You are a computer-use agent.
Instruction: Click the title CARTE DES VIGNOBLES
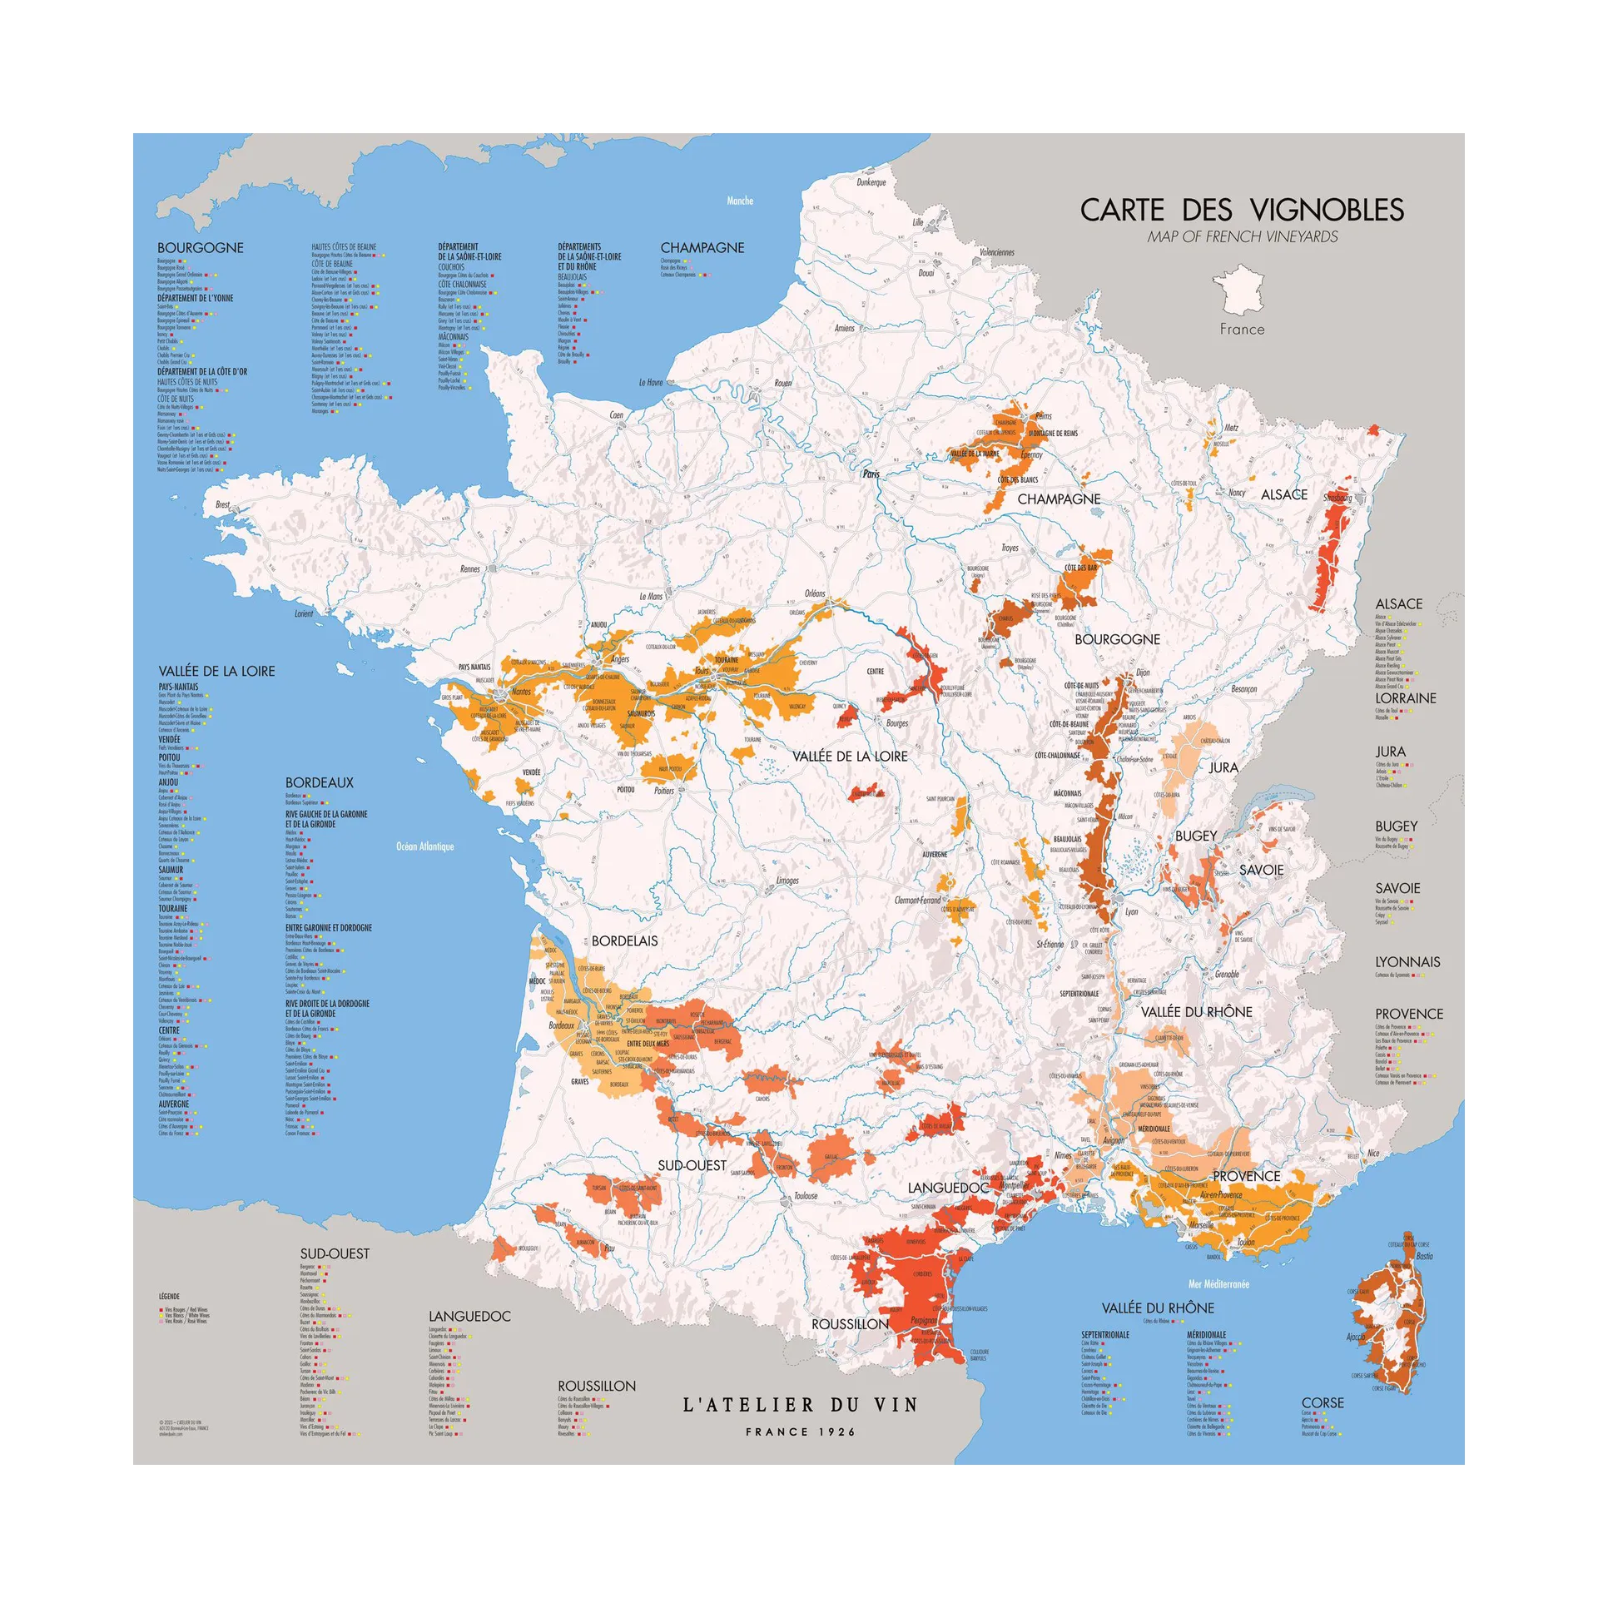point(1242,210)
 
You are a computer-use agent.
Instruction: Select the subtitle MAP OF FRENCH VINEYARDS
point(1242,237)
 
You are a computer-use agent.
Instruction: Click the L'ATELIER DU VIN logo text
point(800,1406)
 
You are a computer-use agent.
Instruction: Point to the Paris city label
point(871,474)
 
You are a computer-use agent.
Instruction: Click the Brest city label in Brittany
point(222,504)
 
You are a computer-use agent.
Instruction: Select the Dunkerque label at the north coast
point(871,182)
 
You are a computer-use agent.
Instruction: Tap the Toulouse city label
point(805,1196)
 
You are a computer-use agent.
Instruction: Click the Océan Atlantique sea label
point(424,846)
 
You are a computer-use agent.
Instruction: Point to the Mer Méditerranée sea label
point(1218,1284)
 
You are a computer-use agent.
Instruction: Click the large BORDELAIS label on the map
point(624,941)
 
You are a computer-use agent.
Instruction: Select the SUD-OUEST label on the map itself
point(692,1166)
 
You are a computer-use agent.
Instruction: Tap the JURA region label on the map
point(1223,767)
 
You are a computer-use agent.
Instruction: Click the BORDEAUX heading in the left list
point(319,783)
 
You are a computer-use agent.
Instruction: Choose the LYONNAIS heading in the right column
point(1407,962)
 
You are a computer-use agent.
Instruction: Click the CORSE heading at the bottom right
point(1323,1403)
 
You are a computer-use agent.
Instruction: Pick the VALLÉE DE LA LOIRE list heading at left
point(216,672)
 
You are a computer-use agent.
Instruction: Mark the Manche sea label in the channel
point(739,201)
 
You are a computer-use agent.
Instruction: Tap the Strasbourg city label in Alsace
point(1337,499)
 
